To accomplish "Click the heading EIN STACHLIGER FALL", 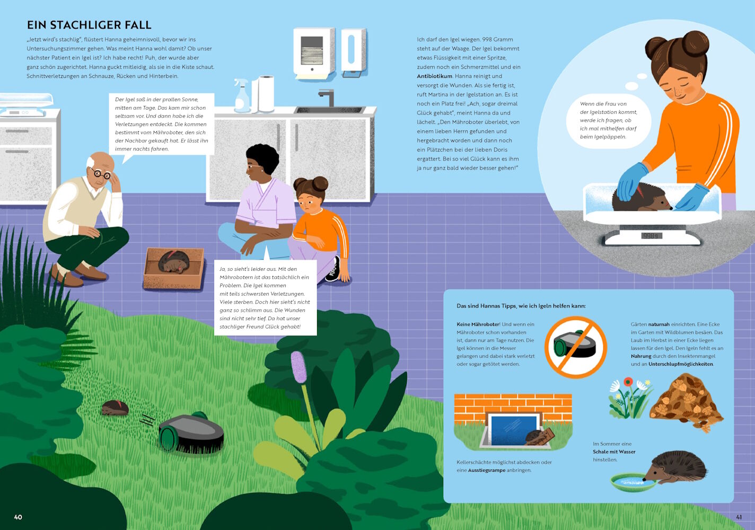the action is (x=89, y=25).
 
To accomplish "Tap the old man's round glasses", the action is (x=101, y=174).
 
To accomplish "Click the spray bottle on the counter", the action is (x=241, y=96).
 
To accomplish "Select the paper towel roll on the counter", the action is (x=266, y=93).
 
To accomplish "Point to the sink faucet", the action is (x=327, y=97).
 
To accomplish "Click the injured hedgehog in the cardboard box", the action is (x=172, y=262).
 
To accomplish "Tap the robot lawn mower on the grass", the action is (x=191, y=432).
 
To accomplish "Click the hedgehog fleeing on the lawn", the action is (x=115, y=408).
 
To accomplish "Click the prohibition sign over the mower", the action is (x=576, y=347).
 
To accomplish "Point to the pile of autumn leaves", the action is (x=686, y=403).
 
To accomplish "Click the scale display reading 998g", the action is (x=652, y=236).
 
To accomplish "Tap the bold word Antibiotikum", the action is (x=434, y=76).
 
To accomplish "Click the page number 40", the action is (x=18, y=517).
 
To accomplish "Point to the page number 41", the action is (x=739, y=517).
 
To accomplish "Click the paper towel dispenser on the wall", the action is (x=313, y=53).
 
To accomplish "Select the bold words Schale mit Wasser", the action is (x=614, y=452).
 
